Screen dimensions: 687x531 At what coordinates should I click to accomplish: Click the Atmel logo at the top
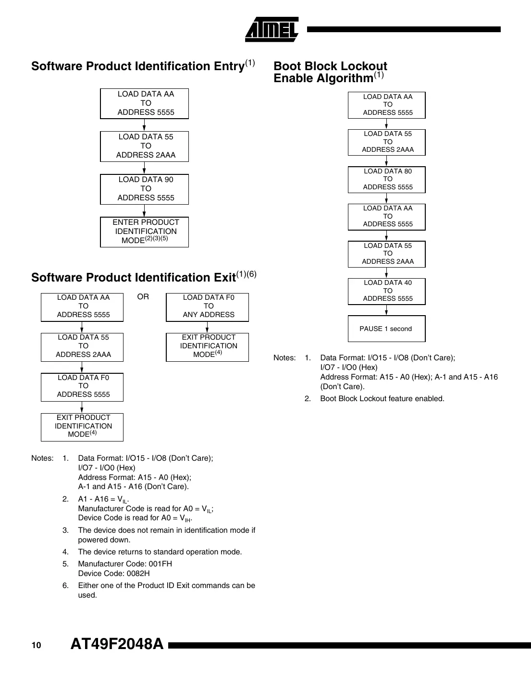pos(272,30)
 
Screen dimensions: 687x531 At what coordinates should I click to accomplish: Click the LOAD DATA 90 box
pos(144,189)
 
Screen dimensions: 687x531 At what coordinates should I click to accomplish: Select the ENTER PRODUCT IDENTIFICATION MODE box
pos(144,232)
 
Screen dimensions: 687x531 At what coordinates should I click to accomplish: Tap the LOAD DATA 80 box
pos(387,179)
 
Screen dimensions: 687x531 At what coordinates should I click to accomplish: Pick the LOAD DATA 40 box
pos(387,291)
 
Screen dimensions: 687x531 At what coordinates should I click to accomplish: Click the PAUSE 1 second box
pos(387,329)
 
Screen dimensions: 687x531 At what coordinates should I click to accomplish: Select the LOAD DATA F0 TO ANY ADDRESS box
pos(208,307)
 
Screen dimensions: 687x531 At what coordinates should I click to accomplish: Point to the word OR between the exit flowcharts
pos(143,297)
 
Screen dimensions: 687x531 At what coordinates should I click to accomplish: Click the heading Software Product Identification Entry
pos(138,66)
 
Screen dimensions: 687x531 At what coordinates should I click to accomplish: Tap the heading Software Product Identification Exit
pos(133,278)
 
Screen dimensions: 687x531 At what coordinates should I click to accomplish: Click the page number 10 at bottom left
pos(37,645)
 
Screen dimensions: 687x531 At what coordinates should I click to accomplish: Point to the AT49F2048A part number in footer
pos(117,644)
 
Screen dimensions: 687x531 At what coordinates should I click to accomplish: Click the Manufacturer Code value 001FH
pos(157,564)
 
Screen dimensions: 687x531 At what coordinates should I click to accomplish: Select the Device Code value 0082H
pos(138,574)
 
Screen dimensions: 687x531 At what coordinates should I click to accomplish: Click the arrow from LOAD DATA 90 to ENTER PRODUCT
pos(144,211)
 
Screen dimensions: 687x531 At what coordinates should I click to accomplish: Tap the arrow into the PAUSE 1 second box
pos(387,310)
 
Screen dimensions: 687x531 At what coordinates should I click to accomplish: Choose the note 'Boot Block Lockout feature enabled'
pos(382,399)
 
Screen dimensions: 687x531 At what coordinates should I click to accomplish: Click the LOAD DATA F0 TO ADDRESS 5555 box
pos(82,387)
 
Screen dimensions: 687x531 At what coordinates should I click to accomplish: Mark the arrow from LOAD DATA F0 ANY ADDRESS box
pos(208,328)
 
